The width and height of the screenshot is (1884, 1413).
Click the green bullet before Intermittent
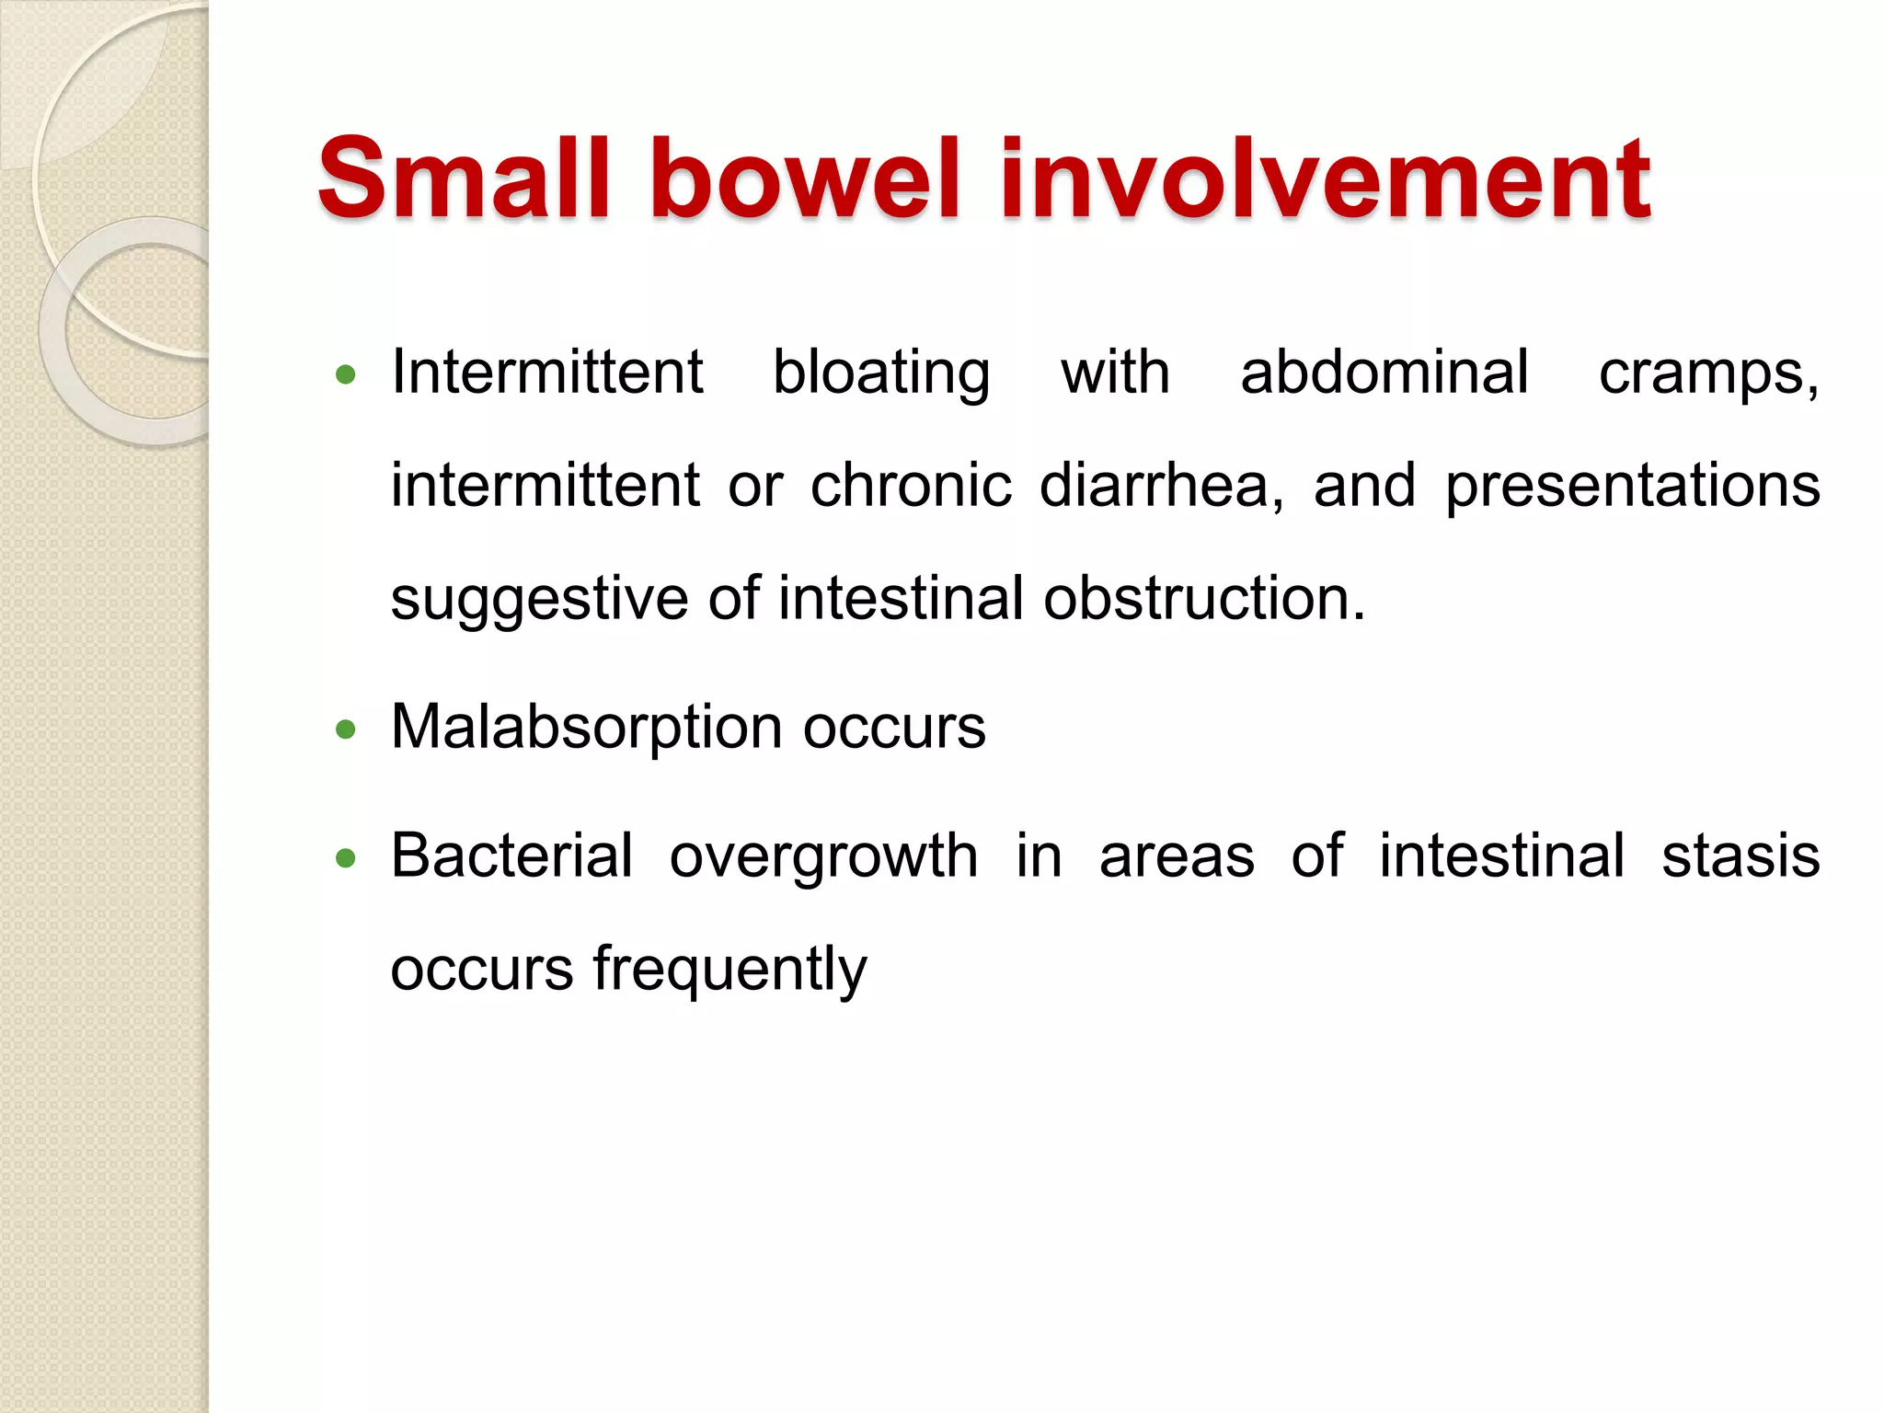click(x=346, y=374)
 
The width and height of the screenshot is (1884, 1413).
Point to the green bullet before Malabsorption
click(x=346, y=730)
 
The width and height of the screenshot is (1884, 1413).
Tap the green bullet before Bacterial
click(x=346, y=859)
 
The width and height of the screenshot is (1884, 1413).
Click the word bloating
click(x=881, y=373)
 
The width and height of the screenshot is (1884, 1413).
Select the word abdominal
click(x=1384, y=373)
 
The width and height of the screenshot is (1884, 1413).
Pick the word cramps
click(x=1706, y=373)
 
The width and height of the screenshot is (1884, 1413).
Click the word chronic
click(x=911, y=486)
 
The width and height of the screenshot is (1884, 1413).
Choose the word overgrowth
click(x=823, y=857)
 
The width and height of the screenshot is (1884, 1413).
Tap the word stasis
click(x=1740, y=856)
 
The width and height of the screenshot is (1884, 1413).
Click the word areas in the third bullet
click(x=1177, y=857)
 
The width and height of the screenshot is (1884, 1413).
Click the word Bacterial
click(x=512, y=856)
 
